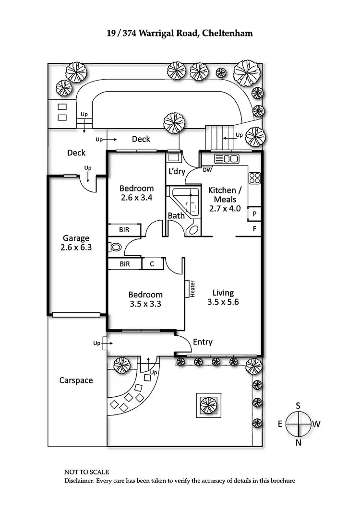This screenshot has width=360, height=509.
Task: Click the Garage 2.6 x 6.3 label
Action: [76, 243]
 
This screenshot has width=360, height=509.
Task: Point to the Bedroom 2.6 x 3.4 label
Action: [137, 192]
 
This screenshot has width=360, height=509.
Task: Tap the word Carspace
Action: [76, 380]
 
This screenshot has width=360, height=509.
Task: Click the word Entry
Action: [202, 342]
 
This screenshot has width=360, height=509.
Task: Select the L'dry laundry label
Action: [175, 171]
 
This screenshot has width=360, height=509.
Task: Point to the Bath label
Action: [176, 216]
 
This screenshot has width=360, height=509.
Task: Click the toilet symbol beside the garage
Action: [115, 248]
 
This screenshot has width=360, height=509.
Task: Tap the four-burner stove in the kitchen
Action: [254, 178]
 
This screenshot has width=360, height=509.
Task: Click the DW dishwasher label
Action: [207, 170]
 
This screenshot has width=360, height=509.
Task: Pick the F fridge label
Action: [254, 229]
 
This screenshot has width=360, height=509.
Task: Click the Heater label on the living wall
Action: [192, 289]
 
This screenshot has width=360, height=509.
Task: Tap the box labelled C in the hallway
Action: [152, 264]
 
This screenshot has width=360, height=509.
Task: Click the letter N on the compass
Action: [298, 443]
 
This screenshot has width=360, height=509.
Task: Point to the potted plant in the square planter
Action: [208, 404]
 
